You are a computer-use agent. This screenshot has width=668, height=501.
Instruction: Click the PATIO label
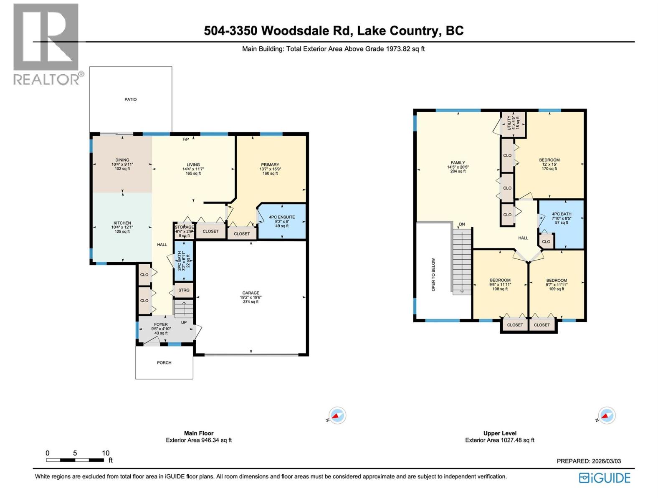[130, 99]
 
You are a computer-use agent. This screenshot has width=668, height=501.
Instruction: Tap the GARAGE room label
[251, 293]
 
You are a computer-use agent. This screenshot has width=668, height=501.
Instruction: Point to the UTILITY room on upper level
[513, 123]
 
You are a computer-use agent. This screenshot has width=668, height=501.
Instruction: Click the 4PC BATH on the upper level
[561, 218]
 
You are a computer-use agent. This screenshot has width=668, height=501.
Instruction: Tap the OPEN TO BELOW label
[433, 274]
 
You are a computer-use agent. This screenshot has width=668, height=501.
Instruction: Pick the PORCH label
[164, 362]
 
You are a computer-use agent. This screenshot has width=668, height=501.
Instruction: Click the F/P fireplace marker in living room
[186, 139]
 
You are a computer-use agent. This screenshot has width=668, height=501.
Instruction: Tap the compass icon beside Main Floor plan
[337, 415]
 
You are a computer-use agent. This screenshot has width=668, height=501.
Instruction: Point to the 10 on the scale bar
[105, 453]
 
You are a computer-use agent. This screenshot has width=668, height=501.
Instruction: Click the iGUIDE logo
[605, 478]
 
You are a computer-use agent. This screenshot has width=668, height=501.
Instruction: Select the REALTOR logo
[46, 44]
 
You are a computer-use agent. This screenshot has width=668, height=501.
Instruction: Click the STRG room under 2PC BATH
[184, 290]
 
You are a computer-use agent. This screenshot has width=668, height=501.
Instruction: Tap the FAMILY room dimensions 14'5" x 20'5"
[458, 167]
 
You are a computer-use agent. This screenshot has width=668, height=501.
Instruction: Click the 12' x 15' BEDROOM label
[549, 164]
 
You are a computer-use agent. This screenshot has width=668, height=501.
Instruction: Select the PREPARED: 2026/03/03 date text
[589, 461]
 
